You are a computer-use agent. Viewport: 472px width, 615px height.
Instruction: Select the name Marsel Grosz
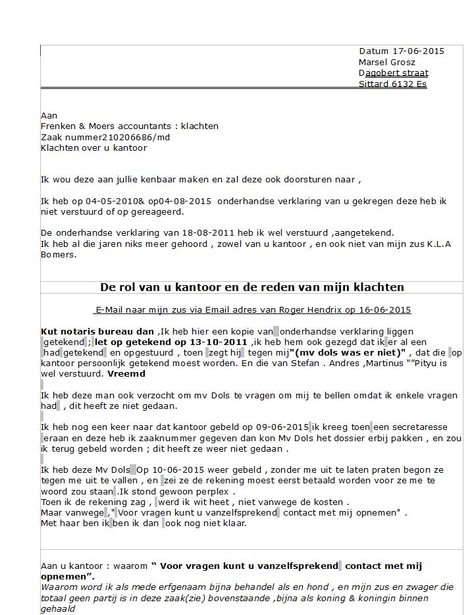point(387,62)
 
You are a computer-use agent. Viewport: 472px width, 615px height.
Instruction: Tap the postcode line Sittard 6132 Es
point(392,84)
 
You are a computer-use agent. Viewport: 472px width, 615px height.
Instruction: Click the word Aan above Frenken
point(49,115)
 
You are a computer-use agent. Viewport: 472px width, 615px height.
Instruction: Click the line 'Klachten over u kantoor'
point(93,147)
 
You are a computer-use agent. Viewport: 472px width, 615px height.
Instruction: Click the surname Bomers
point(59,254)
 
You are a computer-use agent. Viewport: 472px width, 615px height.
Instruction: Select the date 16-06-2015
point(386,309)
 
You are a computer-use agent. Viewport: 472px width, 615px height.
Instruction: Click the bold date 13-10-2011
point(220,342)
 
